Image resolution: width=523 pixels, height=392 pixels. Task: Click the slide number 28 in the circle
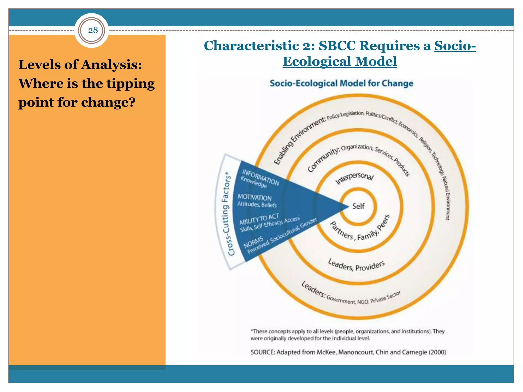93,30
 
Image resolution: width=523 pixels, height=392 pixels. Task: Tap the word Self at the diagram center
358,206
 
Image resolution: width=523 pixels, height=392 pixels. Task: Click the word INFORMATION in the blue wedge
260,177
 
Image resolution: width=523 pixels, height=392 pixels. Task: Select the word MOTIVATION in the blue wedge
254,197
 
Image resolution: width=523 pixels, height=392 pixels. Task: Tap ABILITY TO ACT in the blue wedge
259,219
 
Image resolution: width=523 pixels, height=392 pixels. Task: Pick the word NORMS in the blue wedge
253,242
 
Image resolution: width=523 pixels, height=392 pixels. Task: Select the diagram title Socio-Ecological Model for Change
341,83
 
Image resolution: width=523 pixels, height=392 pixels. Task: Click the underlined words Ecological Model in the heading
340,62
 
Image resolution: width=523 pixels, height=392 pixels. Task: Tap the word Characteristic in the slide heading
251,46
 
